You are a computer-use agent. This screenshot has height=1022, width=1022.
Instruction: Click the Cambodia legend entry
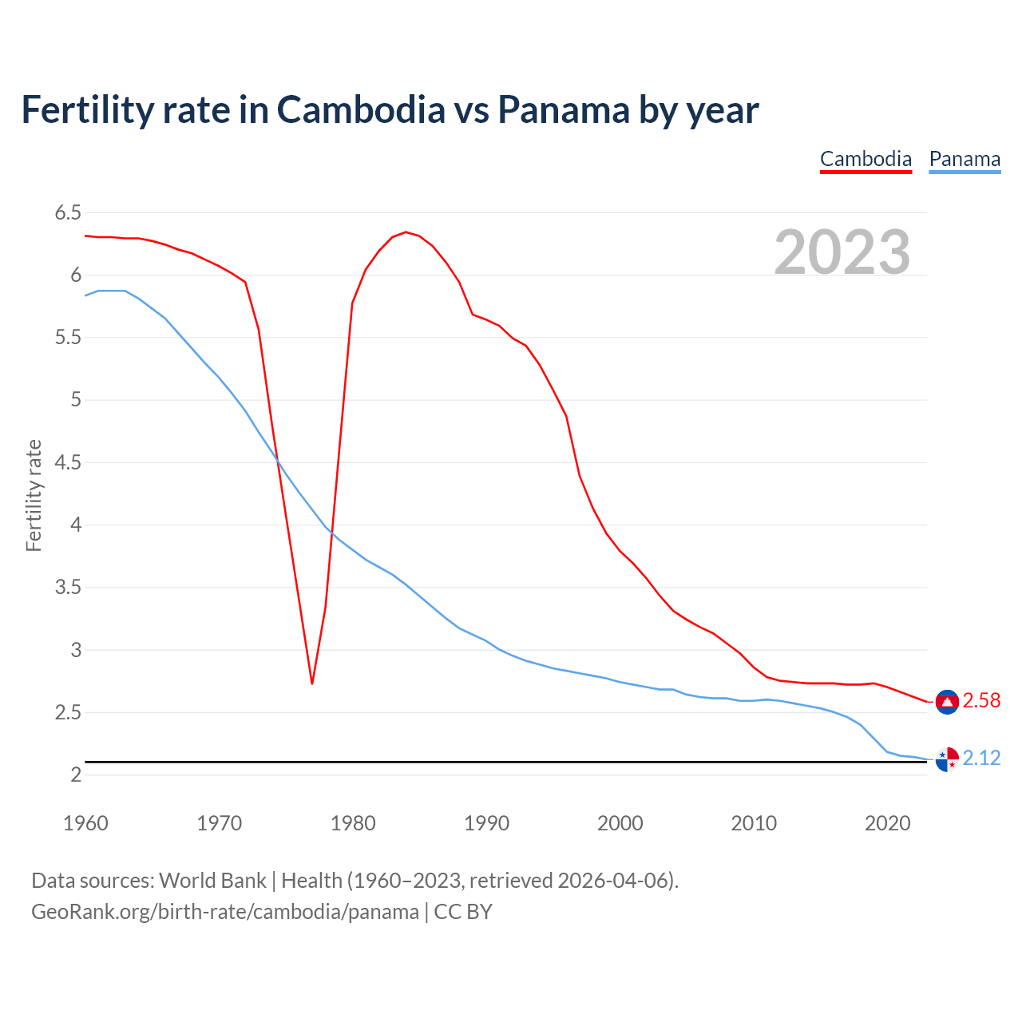[866, 159]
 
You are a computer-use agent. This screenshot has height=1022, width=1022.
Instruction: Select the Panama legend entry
[965, 159]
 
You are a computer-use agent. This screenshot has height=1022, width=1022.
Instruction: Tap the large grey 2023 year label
[842, 252]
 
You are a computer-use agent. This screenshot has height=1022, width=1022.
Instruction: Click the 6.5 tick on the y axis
[68, 212]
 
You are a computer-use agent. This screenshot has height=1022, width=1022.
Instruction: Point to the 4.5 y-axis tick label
[68, 462]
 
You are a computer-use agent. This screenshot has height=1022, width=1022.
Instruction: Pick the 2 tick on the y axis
[76, 775]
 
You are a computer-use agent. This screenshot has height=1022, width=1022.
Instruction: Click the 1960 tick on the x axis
[85, 823]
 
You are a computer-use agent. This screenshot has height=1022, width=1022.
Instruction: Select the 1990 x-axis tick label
[486, 823]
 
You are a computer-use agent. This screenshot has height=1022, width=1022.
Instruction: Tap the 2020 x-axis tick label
[887, 823]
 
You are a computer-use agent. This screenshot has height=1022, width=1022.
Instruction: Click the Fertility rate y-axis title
[34, 495]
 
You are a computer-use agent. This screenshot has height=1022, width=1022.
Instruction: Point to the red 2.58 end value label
[981, 700]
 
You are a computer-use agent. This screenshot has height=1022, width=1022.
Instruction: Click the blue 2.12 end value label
[981, 758]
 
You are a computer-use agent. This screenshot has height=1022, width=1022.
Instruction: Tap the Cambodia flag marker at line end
[947, 701]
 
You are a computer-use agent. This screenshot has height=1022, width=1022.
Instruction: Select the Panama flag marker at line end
[947, 759]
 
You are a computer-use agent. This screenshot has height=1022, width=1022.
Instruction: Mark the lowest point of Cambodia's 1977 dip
[312, 683]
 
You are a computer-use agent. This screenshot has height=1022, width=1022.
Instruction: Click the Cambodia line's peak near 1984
[406, 232]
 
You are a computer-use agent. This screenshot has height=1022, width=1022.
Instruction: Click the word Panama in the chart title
[564, 110]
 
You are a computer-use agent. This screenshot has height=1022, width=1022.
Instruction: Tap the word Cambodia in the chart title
[361, 110]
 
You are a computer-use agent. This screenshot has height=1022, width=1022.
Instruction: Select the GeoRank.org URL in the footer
[224, 912]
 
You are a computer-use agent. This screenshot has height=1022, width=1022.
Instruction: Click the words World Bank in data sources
[212, 881]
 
